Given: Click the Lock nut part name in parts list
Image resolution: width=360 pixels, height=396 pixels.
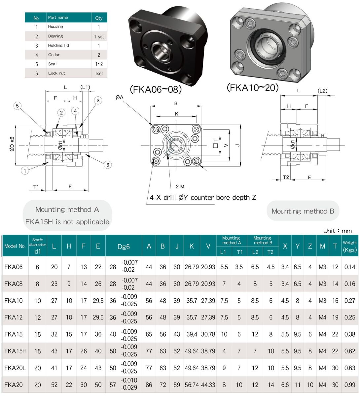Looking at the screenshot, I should tap(56, 73).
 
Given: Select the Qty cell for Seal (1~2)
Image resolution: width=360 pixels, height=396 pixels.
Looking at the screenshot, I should tap(99, 64).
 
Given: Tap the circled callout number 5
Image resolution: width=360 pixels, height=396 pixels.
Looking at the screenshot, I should tap(18, 106).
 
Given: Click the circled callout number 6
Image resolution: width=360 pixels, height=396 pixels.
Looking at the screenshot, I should tap(108, 165).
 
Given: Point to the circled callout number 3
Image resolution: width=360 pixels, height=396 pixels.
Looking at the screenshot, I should tap(98, 100).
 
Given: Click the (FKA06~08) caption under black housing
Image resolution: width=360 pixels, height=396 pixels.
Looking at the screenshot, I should tap(156, 89).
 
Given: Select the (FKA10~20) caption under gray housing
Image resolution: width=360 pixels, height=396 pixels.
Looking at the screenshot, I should tap(253, 87).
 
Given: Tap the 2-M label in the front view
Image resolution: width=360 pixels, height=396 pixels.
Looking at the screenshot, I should tap(180, 186).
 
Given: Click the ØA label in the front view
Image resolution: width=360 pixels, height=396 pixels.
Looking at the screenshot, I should tap(120, 97).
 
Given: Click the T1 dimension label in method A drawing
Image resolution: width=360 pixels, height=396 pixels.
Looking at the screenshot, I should tap(36, 187).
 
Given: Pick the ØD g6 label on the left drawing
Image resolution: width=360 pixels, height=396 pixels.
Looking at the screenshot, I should tap(12, 144).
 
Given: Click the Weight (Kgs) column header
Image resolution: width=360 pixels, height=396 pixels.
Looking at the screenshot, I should tap(350, 246).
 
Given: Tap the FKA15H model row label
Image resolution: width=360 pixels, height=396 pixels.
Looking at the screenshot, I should tap(15, 351).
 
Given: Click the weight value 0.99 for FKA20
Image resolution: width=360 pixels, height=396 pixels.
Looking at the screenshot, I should tap(350, 385).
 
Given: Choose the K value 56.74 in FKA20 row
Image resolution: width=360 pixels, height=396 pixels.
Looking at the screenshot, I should tap(192, 385).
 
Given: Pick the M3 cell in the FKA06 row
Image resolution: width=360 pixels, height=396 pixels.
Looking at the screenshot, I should tap(322, 267).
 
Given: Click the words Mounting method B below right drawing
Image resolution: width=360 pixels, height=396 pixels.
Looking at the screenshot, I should tap(303, 211).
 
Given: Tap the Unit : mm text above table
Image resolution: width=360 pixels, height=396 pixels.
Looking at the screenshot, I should tap(337, 231).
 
